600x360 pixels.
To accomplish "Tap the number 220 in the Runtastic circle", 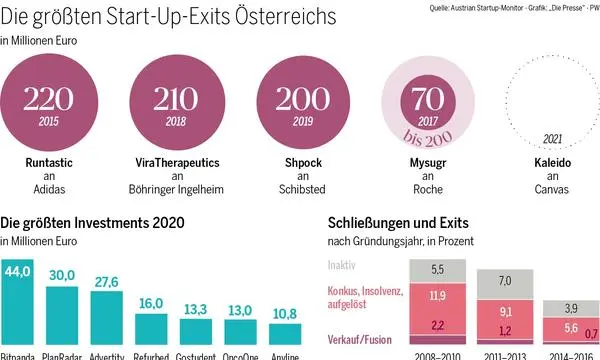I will (48, 99).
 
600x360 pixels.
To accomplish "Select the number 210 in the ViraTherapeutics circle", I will (171, 99).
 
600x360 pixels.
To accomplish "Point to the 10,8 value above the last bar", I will (259, 314).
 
